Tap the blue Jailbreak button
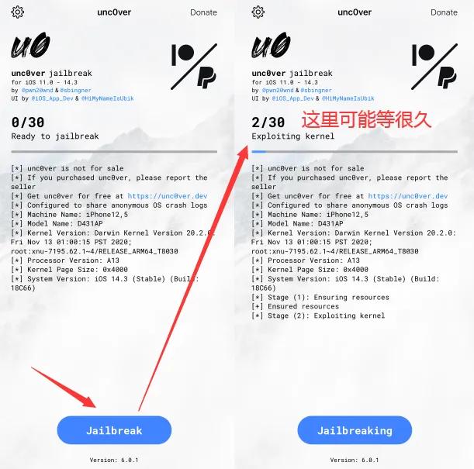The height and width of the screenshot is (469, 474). point(114,430)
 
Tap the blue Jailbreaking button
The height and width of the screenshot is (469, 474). point(355,430)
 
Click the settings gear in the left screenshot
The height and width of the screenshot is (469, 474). point(18,12)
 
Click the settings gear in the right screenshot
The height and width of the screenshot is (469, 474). point(258,12)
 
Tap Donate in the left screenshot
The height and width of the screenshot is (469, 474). point(203,12)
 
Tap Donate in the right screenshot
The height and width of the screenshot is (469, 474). point(444,12)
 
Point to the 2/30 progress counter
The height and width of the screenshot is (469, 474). point(268,122)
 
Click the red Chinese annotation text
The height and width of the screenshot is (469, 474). point(366,120)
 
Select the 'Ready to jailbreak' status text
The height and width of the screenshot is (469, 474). point(55,136)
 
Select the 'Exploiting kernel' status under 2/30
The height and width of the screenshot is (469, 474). point(293,136)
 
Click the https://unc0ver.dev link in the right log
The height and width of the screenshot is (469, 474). point(408,197)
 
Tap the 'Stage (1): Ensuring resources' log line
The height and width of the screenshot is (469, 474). point(320,297)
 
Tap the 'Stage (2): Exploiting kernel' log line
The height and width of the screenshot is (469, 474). point(318,316)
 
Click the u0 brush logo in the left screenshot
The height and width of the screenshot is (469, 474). point(31,47)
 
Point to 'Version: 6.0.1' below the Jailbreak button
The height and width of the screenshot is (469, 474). point(114,460)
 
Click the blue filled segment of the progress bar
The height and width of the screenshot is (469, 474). point(258,151)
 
